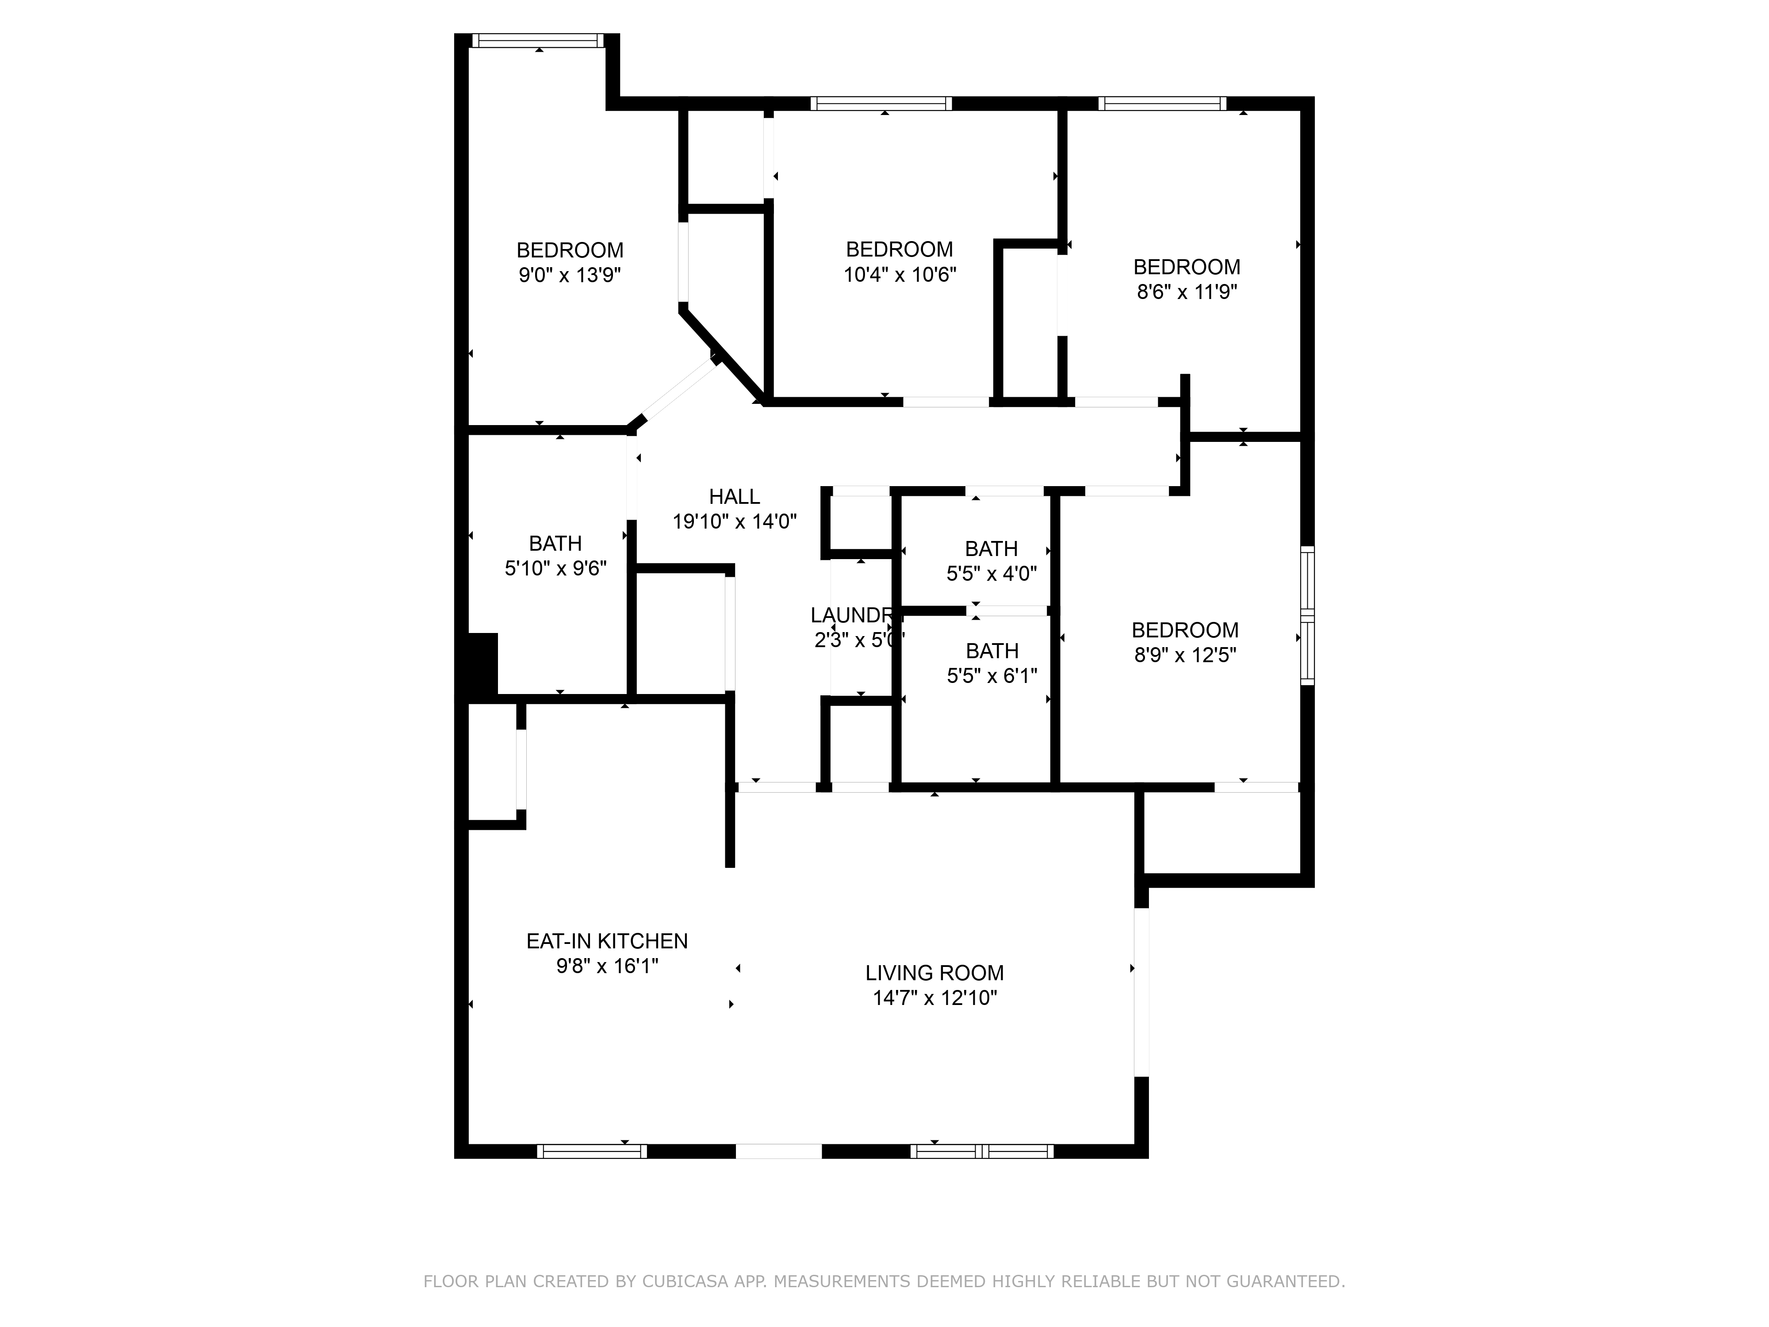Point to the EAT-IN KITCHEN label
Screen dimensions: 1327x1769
coord(607,941)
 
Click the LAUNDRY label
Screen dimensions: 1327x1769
coord(854,615)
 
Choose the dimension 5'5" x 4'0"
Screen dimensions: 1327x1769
coord(992,574)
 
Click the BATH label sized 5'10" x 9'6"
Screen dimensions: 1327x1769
coord(555,544)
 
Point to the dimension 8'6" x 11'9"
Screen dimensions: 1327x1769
coord(1187,292)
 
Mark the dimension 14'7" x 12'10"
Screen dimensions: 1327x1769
coord(934,998)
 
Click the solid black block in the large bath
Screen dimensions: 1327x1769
coord(482,664)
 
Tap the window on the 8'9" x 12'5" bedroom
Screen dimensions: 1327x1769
coord(1307,615)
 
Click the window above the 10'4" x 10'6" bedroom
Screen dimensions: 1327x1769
coord(881,103)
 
